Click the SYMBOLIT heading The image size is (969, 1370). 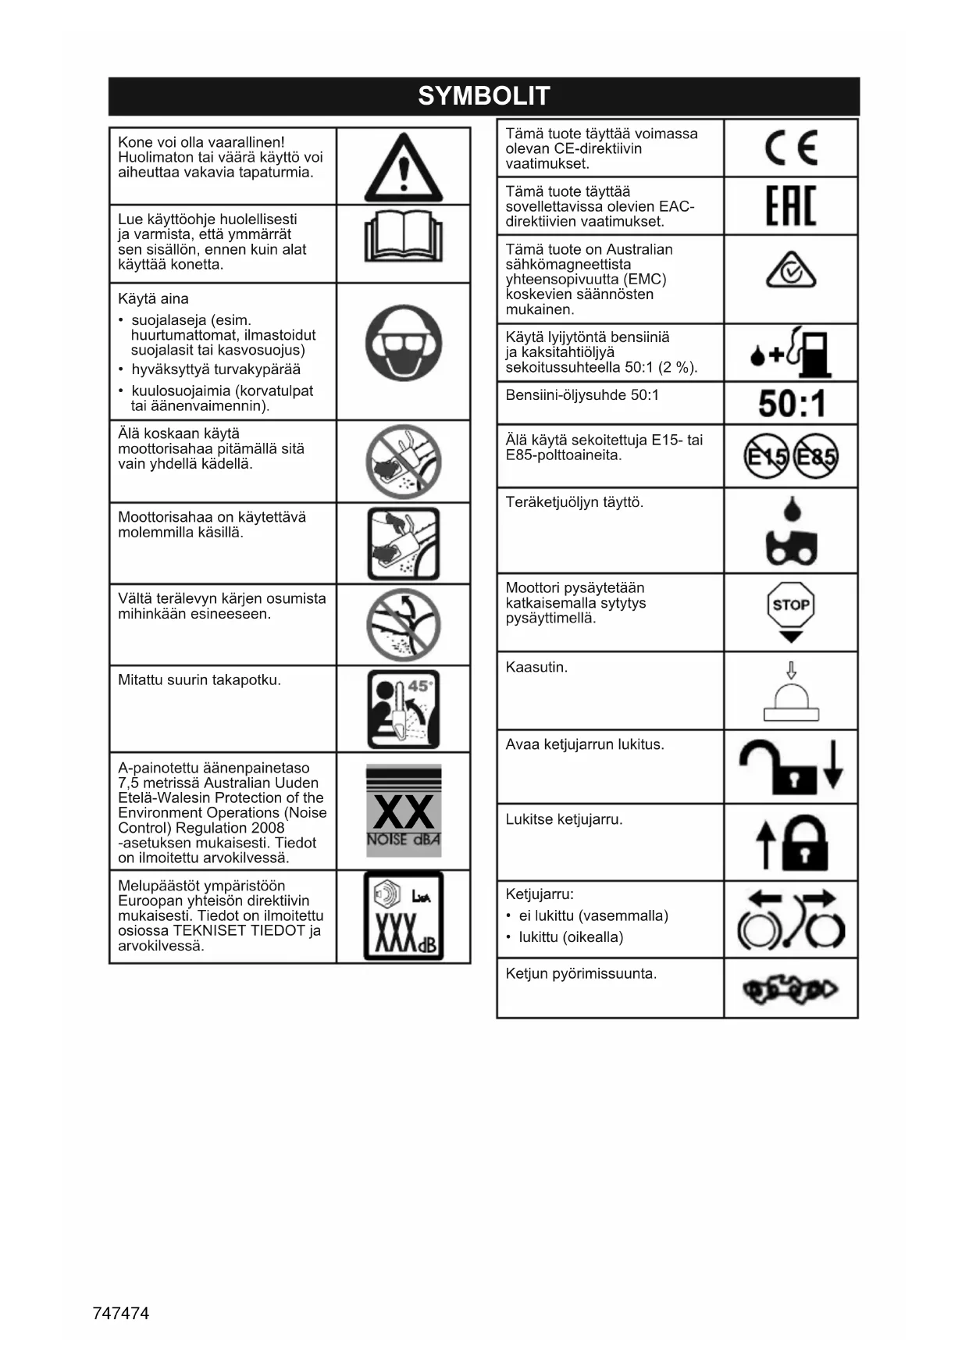(x=484, y=96)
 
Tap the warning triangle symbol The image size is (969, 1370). (x=403, y=169)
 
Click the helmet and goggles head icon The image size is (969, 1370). (x=403, y=344)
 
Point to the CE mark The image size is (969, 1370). (x=791, y=148)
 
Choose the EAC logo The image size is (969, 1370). (x=791, y=206)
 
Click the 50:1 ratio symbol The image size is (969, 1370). (x=791, y=404)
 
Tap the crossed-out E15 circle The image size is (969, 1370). (x=766, y=455)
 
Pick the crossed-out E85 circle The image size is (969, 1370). (x=816, y=455)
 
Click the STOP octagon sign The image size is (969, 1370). (x=791, y=605)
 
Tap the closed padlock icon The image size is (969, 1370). (x=804, y=843)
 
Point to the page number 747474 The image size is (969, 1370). (x=121, y=1313)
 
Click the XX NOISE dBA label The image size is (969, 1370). (x=404, y=812)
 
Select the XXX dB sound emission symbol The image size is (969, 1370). (x=404, y=916)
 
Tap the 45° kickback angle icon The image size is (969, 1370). (x=404, y=709)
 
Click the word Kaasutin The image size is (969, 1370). (x=536, y=667)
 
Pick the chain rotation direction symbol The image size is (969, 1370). (x=790, y=990)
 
